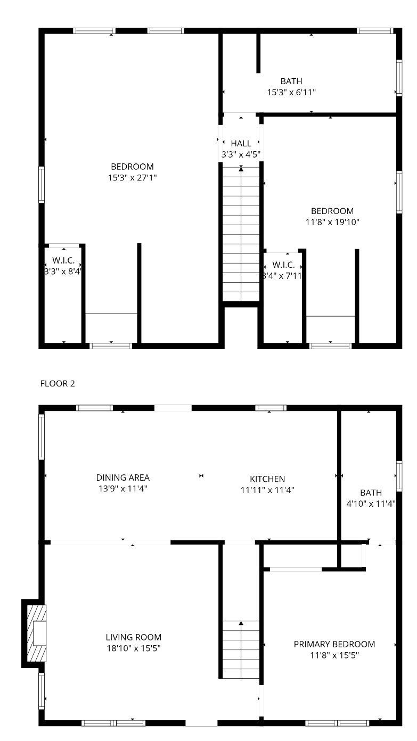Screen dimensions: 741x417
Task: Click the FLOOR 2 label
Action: tap(58, 383)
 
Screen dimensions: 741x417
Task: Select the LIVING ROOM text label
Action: tap(133, 637)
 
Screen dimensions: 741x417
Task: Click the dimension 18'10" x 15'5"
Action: tap(133, 648)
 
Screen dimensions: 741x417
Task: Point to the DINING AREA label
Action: tap(122, 477)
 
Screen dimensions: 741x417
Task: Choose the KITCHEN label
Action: tap(267, 479)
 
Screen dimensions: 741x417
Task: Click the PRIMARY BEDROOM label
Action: tap(334, 644)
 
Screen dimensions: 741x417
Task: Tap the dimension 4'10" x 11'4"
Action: tap(371, 504)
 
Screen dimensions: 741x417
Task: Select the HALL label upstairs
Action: tap(241, 144)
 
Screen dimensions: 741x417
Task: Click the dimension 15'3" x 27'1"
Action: tap(132, 178)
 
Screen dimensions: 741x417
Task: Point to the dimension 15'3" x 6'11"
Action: tap(291, 92)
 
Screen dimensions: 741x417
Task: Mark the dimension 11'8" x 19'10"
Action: tap(332, 222)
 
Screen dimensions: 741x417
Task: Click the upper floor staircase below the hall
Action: tap(241, 234)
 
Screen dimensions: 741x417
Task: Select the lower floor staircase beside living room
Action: tap(241, 649)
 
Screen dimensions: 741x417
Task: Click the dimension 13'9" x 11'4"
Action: tap(122, 489)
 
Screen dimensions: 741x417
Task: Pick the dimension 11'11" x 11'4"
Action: tap(267, 490)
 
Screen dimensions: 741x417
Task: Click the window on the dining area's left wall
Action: tap(42, 437)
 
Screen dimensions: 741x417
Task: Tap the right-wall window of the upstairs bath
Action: tap(398, 78)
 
